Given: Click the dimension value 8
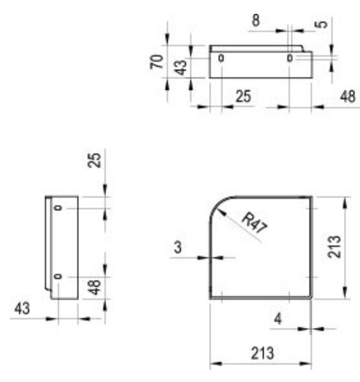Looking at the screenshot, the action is (x=256, y=20).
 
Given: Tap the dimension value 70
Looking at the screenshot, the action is (x=157, y=62).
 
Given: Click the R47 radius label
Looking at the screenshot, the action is (x=255, y=222).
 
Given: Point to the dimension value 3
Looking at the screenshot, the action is (x=178, y=247).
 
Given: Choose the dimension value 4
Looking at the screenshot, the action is (x=278, y=318).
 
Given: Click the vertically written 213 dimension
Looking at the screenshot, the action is (x=334, y=246).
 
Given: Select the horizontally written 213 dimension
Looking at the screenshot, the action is (x=263, y=353).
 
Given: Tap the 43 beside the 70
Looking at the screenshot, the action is (x=180, y=67).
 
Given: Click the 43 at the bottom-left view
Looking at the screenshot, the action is (x=22, y=308).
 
